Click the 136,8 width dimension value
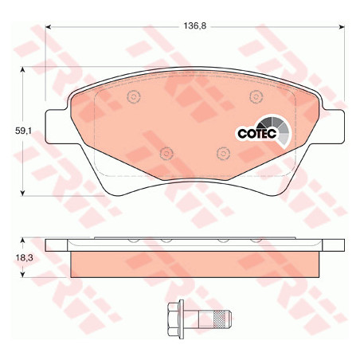click(x=195, y=26)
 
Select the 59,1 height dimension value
click(x=23, y=131)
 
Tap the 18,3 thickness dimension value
click(x=23, y=257)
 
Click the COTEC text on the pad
click(x=257, y=133)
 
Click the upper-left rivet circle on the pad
click(x=134, y=96)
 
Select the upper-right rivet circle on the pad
click(x=256, y=96)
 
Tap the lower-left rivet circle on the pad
click(x=166, y=153)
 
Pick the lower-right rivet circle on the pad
click(x=223, y=153)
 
